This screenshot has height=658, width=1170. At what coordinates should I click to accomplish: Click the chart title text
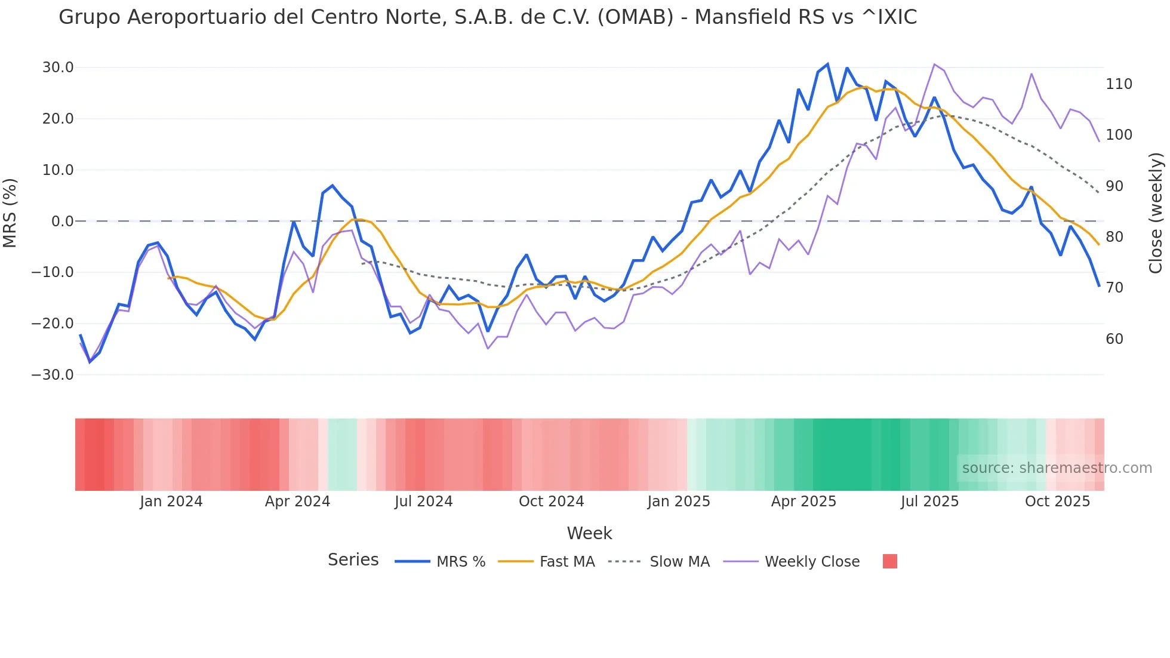(487, 17)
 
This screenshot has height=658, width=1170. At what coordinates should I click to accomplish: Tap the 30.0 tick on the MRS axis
(58, 67)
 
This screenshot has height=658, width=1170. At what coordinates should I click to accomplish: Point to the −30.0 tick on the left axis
(53, 375)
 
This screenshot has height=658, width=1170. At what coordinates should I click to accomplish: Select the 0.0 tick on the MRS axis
(62, 222)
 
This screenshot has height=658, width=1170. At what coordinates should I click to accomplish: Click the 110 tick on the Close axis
(1119, 84)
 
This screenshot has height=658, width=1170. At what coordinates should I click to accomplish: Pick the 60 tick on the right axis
(1114, 339)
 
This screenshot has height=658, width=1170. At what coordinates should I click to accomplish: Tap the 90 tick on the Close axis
(1114, 186)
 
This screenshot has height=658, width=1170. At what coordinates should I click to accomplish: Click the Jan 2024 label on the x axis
(171, 502)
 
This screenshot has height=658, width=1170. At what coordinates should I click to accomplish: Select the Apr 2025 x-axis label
(803, 502)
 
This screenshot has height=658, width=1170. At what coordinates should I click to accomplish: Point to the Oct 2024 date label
(551, 502)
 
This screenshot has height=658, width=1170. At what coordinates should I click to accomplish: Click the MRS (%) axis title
(10, 213)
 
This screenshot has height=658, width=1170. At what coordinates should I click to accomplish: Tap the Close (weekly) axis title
(1156, 213)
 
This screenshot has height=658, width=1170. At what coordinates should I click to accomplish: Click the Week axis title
(589, 533)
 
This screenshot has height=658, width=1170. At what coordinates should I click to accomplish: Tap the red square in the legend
(889, 561)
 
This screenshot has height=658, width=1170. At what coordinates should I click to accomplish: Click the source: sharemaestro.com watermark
(1057, 468)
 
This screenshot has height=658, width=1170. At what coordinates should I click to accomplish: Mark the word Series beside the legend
(353, 560)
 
